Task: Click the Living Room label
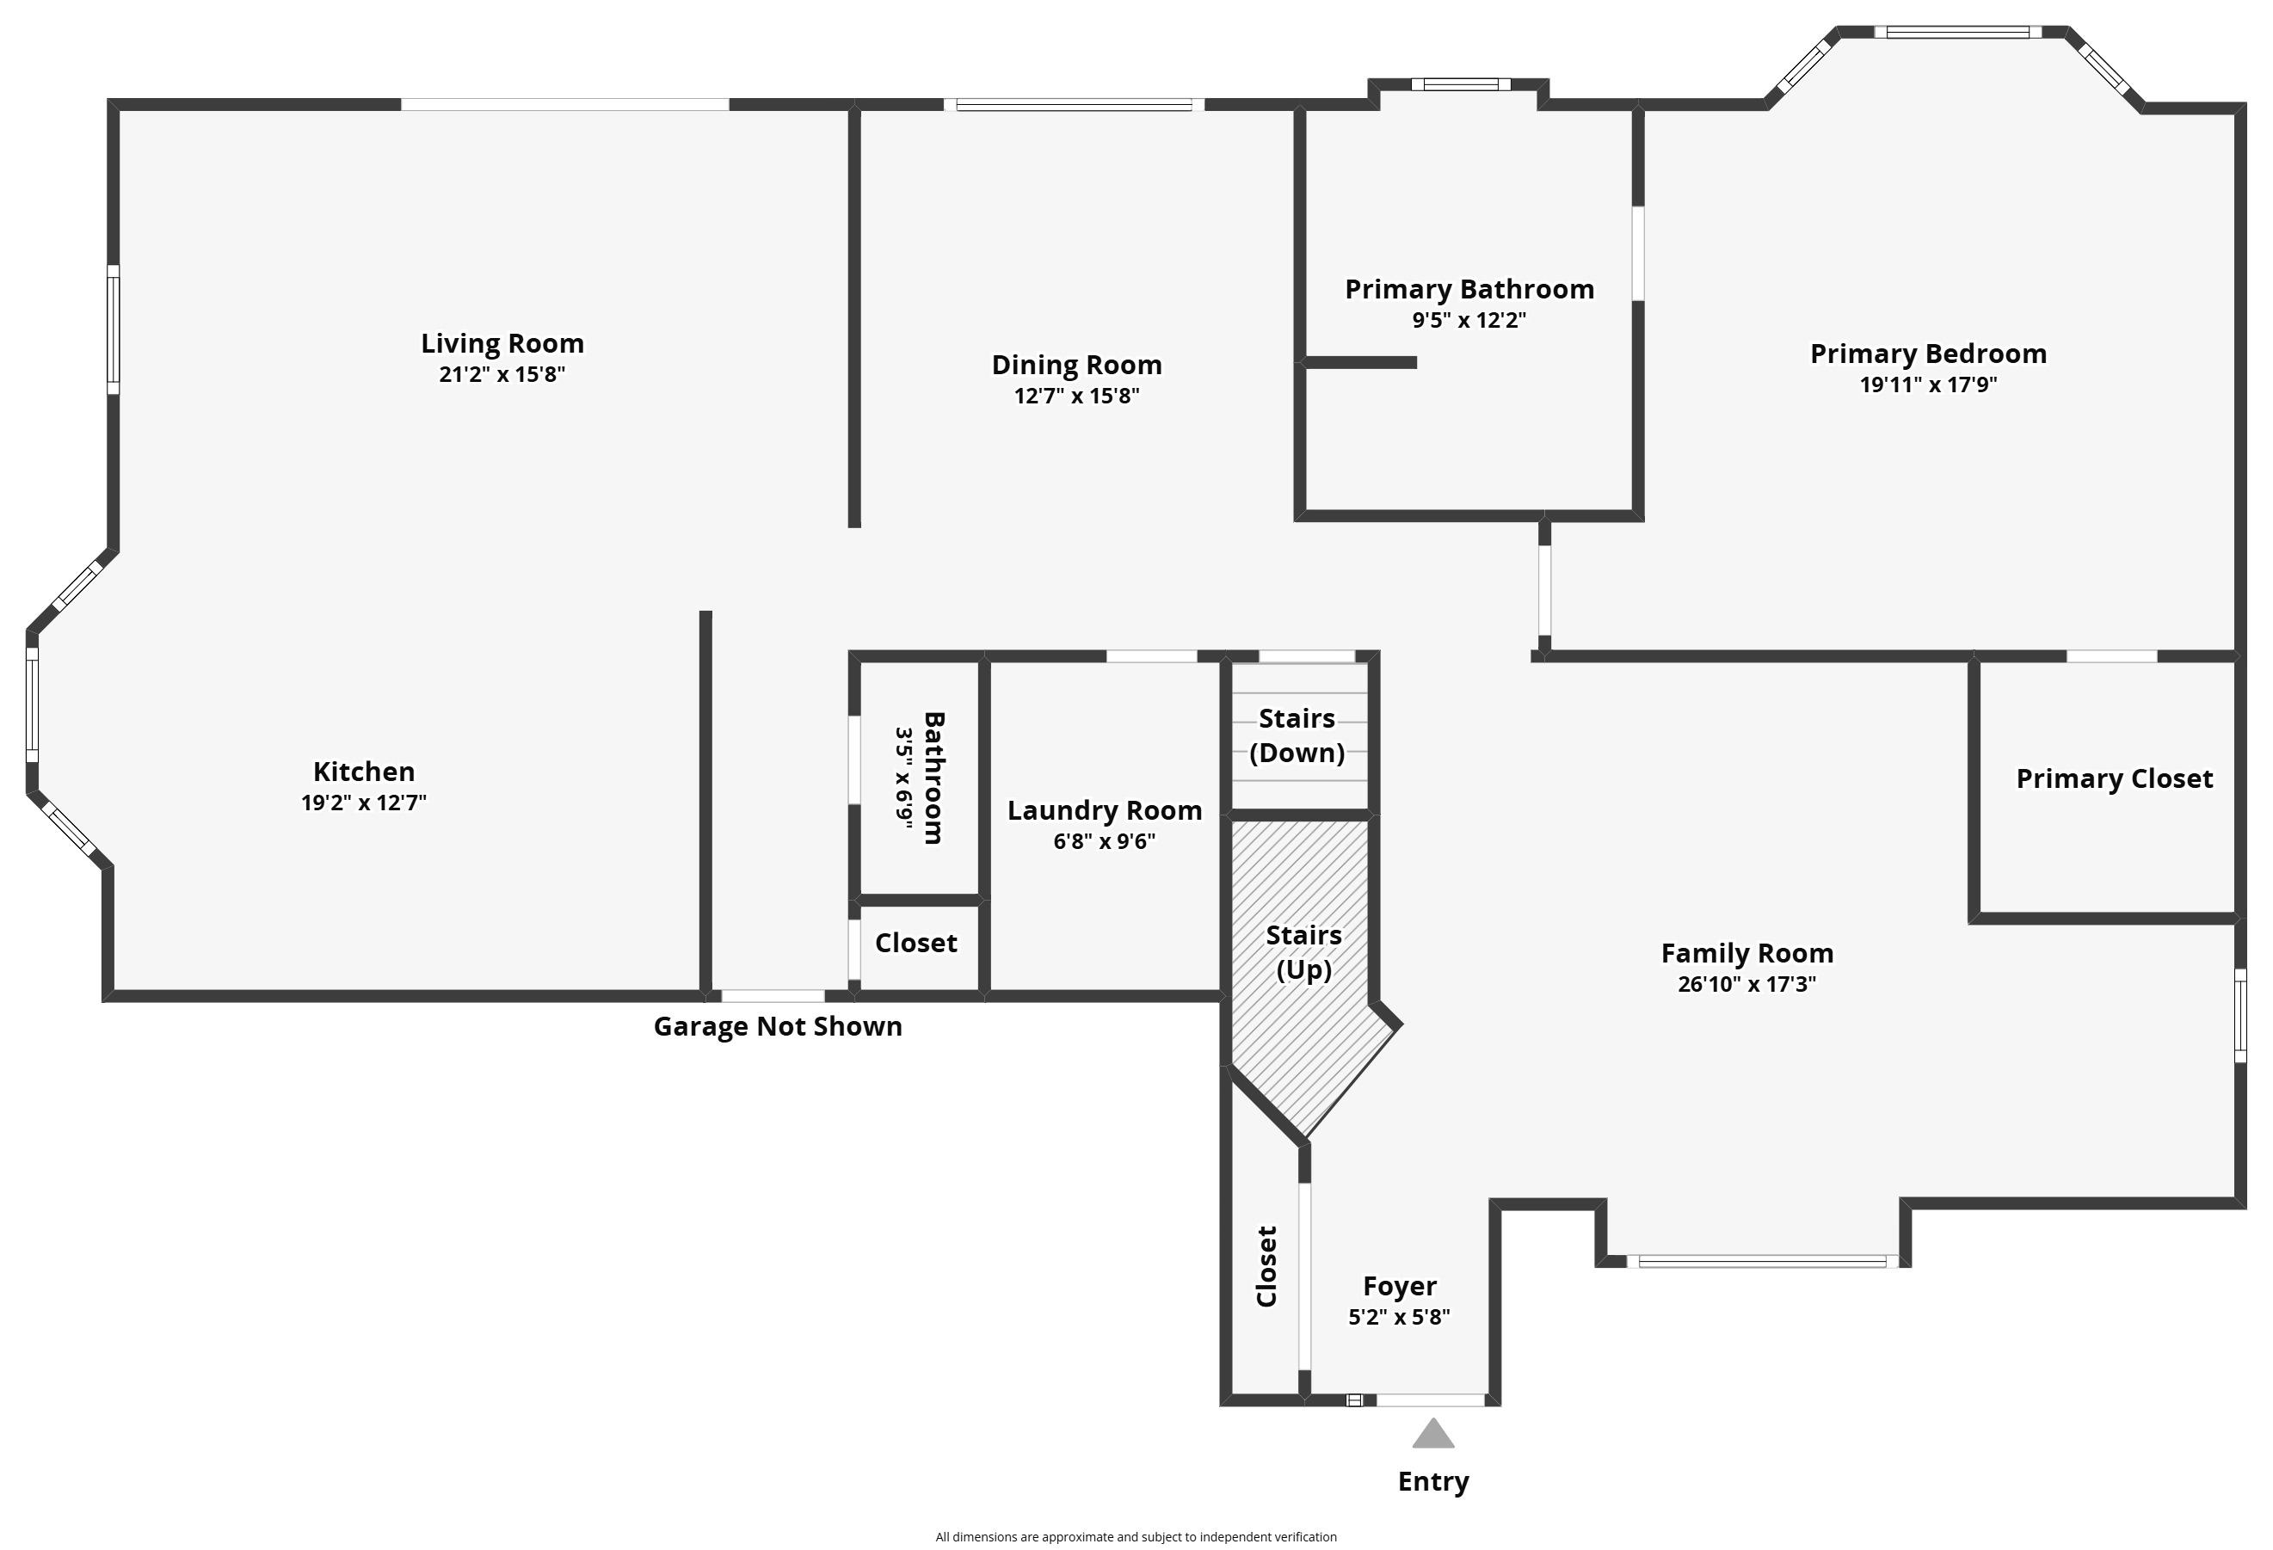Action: tap(502, 343)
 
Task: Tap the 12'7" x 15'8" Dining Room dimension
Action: tap(1077, 396)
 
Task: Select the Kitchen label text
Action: tap(364, 772)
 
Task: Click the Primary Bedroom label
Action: tap(1928, 354)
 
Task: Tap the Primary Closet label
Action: tap(2114, 778)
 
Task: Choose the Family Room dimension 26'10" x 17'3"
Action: tap(1746, 984)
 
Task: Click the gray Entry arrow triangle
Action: tap(1432, 1435)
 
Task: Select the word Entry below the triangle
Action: tap(1432, 1481)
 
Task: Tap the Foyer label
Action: tap(1400, 1286)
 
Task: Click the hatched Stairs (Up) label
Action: tap(1303, 951)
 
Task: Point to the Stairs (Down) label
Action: tap(1297, 735)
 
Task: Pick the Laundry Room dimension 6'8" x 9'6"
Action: tap(1104, 842)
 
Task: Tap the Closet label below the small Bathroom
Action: tap(915, 943)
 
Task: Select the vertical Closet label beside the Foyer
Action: tap(1266, 1266)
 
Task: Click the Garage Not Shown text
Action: tap(778, 1027)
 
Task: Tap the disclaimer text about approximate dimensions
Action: tap(1136, 1537)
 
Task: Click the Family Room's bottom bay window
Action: tap(1763, 1263)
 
